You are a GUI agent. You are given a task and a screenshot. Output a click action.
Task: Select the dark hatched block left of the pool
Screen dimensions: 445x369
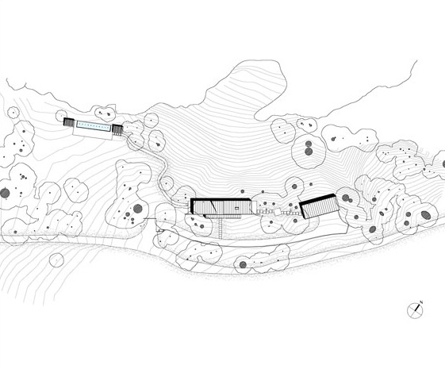[68, 121]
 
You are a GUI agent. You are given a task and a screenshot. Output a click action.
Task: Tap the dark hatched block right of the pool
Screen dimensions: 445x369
[117, 129]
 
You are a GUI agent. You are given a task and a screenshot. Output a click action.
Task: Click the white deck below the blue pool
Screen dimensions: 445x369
[92, 133]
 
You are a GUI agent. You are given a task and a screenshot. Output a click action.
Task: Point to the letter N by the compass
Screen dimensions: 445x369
[421, 302]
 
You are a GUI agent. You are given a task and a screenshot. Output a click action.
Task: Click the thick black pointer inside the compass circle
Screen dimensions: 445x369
[417, 308]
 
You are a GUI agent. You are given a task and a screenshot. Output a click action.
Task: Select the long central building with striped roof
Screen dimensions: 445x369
[221, 206]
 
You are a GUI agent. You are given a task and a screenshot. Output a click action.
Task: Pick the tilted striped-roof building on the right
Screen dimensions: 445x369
[320, 206]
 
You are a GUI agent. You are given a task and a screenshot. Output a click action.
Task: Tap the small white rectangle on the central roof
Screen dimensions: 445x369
[236, 209]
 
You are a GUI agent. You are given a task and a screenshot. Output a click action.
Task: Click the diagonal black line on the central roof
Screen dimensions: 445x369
[213, 206]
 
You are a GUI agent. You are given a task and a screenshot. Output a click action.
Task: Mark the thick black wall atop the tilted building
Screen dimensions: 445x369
[317, 198]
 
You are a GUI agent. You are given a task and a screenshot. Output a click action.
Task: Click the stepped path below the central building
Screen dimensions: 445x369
[221, 228]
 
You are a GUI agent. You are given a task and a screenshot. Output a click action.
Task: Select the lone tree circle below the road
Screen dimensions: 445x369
[56, 259]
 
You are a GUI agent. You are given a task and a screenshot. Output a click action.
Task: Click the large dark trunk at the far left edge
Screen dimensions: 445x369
[5, 193]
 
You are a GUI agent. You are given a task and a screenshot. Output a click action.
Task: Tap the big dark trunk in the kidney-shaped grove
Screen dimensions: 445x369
[138, 209]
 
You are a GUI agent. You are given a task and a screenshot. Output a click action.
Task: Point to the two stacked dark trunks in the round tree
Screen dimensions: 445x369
[309, 148]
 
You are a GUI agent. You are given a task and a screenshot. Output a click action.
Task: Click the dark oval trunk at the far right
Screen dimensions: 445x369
[426, 215]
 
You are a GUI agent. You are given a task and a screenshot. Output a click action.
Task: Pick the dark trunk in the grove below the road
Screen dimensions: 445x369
[243, 265]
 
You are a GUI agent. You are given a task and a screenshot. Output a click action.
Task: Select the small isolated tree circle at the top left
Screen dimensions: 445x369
[13, 113]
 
